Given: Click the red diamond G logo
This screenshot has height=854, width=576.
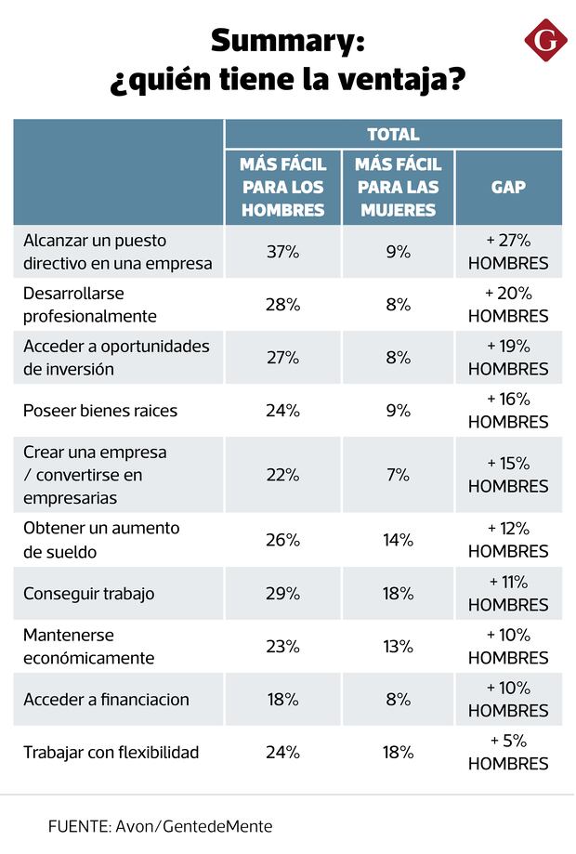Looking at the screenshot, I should pos(545,41).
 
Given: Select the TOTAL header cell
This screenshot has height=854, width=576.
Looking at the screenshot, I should pos(393,135).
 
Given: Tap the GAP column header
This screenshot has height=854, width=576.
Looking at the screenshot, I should pos(508,187).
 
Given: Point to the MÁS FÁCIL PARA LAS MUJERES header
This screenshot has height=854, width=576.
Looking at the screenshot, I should pos(399,187).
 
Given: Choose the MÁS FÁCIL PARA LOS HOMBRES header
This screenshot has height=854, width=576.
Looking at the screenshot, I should pos(282,187).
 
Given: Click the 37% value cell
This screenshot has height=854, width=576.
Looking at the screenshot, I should pos(282,252).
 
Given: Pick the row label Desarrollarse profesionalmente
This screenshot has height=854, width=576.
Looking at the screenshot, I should pos(90,304).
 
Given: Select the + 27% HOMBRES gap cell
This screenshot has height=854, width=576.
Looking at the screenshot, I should pos(508,252).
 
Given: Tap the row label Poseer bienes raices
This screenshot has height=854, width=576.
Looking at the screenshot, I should pos(99,411).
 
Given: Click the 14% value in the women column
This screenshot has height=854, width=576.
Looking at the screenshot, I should pos(399,540).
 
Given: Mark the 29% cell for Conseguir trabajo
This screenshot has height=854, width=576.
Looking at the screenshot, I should pos(282,593).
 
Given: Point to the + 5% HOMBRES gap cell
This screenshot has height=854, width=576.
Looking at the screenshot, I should pos(508,753).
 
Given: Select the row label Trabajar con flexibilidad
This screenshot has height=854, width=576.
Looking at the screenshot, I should pos(111,752).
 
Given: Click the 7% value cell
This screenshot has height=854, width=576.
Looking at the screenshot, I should pos(399,475).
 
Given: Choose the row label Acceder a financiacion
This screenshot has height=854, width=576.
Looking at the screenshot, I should pos(106,699).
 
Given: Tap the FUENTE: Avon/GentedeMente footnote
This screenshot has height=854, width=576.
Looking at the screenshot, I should pos(161,826).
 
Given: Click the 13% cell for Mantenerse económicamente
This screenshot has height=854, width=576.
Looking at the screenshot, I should pos(399,646).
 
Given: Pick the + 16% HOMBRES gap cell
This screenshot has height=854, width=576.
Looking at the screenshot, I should pos(508,411).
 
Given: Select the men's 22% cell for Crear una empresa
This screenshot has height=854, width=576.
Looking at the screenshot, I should pos(282,475).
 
